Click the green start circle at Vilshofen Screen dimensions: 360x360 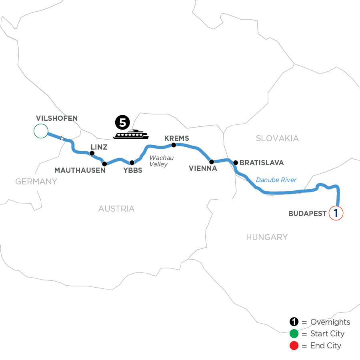(41, 131)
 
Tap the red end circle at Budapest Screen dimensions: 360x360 (336, 213)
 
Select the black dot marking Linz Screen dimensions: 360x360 (92, 153)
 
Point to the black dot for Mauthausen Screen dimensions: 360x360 (104, 164)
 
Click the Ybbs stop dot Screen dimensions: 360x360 (132, 163)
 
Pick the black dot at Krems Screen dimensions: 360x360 (174, 145)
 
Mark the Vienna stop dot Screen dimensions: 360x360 (212, 162)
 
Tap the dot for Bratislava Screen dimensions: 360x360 (236, 163)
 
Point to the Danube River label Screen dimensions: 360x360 (276, 180)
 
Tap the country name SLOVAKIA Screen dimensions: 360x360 (277, 138)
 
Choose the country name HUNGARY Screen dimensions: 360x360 (267, 237)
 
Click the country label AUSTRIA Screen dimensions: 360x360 (116, 209)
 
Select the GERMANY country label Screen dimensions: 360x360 (36, 182)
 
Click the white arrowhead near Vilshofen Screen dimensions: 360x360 (62, 138)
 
